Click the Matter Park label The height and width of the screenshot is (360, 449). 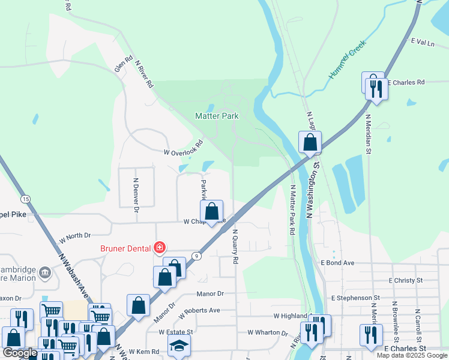tap(217, 116)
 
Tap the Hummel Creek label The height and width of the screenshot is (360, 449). tap(346, 64)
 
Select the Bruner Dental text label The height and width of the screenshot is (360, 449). tap(128, 247)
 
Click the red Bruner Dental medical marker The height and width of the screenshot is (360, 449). tap(160, 247)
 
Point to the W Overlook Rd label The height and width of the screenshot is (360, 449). tap(184, 152)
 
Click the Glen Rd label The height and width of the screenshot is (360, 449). tap(124, 64)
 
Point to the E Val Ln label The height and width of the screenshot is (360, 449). tap(422, 41)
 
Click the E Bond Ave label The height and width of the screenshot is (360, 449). tap(338, 263)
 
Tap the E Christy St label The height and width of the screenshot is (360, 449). tap(406, 280)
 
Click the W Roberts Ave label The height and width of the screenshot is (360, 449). tap(197, 310)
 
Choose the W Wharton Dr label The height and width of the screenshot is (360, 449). tap(268, 332)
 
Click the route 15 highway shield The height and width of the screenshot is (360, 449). tap(25, 199)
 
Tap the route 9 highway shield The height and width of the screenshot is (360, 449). tap(196, 256)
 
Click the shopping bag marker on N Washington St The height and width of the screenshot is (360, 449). tap(310, 143)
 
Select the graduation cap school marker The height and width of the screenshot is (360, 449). tap(178, 346)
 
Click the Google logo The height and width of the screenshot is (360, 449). tap(19, 353)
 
